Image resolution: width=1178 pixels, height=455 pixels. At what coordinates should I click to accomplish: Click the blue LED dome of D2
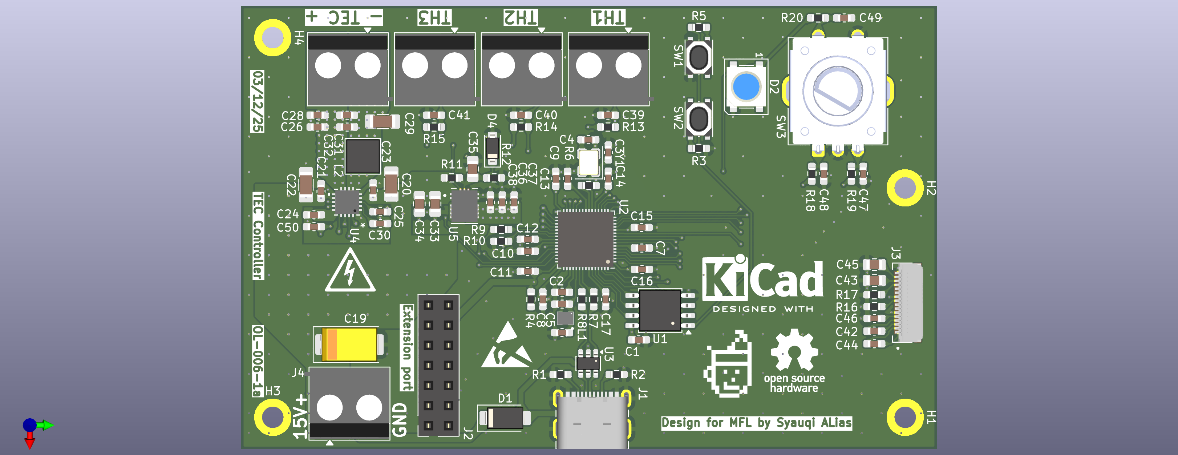746,86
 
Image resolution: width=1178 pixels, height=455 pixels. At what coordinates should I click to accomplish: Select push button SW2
698,119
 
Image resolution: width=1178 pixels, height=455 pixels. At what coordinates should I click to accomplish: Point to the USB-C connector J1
592,420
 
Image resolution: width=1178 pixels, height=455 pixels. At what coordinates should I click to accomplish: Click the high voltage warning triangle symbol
350,272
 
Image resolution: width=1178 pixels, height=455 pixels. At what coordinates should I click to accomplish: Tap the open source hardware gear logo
794,350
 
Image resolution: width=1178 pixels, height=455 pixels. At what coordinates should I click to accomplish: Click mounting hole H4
272,37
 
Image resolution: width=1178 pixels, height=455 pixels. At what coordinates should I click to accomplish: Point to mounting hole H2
904,188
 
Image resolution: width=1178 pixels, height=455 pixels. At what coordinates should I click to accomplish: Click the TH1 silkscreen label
608,17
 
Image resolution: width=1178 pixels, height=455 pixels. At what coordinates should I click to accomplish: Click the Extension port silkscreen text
406,348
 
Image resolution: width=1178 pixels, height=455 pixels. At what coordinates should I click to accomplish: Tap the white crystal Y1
588,162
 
